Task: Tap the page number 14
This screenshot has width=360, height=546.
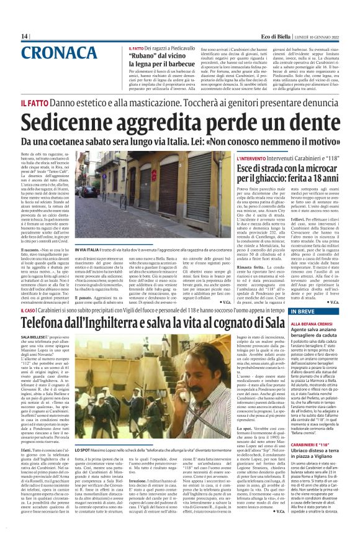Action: pos(25,36)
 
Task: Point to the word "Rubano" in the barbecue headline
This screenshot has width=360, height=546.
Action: pos(144,54)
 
